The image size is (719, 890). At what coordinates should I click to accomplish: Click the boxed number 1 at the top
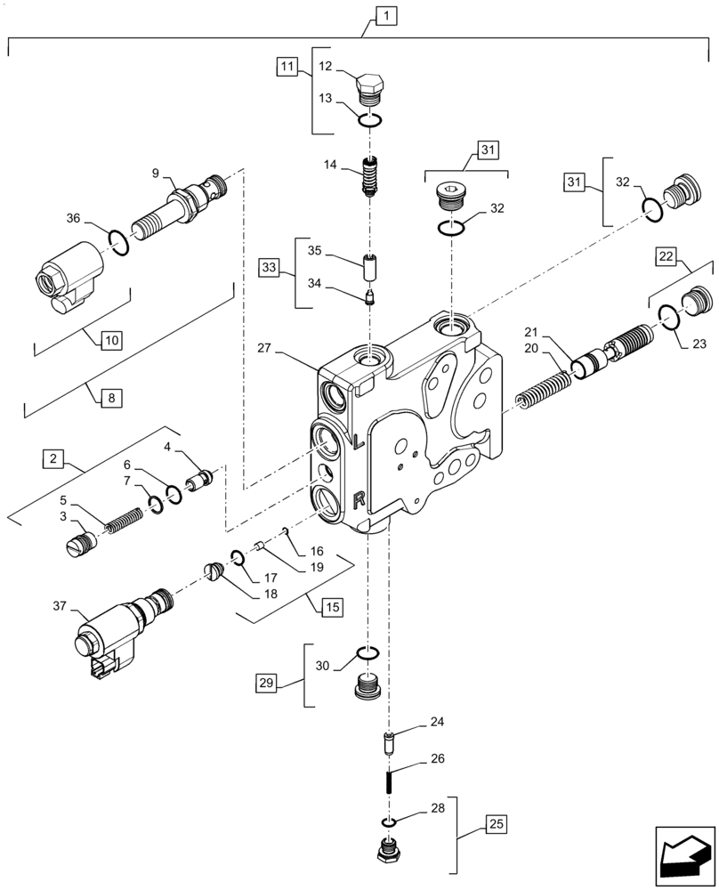[x=386, y=15]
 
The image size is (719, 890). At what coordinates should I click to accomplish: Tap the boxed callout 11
[x=286, y=67]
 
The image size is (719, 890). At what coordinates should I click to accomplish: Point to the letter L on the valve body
[x=358, y=441]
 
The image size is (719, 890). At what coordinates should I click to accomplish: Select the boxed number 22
[x=667, y=255]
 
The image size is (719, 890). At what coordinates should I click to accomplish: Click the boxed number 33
[x=271, y=266]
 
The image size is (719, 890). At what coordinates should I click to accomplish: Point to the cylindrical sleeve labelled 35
[x=370, y=266]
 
